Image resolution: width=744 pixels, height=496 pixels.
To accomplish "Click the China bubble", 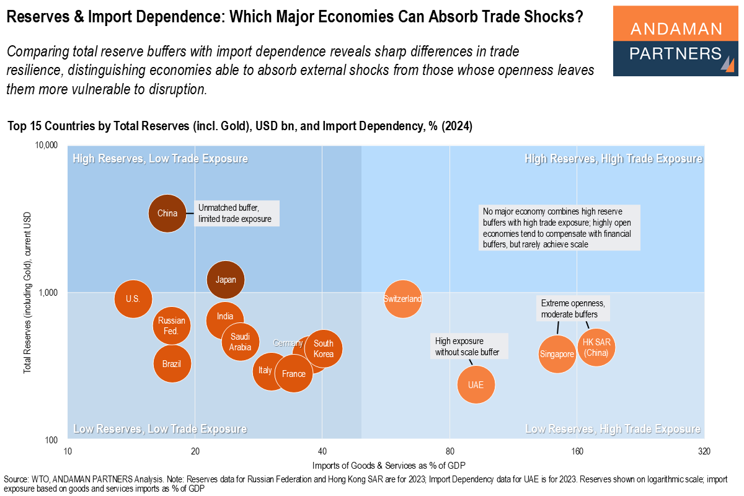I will pyautogui.click(x=167, y=213).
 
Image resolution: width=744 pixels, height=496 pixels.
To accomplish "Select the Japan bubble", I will pyautogui.click(x=226, y=280).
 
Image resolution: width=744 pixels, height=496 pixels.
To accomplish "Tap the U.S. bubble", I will pyautogui.click(x=133, y=298).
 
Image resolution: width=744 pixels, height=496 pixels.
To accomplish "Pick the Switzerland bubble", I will pyautogui.click(x=402, y=299).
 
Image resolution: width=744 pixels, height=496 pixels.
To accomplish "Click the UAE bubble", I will pyautogui.click(x=476, y=385).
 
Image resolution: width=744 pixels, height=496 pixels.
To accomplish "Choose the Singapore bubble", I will pyautogui.click(x=557, y=354).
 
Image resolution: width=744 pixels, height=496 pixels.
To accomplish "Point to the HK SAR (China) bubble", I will pyautogui.click(x=596, y=348).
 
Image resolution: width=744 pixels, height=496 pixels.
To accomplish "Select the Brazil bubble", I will pyautogui.click(x=172, y=363).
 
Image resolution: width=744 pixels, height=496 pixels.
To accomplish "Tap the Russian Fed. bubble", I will pyautogui.click(x=172, y=325).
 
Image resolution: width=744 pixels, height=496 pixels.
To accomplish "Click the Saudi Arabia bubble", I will pyautogui.click(x=240, y=342).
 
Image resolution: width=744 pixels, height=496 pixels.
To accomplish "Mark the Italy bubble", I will pyautogui.click(x=267, y=371).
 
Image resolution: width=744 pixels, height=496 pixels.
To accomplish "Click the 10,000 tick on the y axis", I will pyautogui.click(x=45, y=146).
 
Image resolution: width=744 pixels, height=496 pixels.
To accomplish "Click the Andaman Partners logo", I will pyautogui.click(x=675, y=42).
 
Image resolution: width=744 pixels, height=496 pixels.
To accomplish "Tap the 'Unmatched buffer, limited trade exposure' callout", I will pyautogui.click(x=237, y=213).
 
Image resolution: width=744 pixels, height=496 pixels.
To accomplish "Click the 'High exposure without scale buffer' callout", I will pyautogui.click(x=470, y=347).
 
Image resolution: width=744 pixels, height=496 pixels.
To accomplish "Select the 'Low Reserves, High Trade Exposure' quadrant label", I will pyautogui.click(x=613, y=429).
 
